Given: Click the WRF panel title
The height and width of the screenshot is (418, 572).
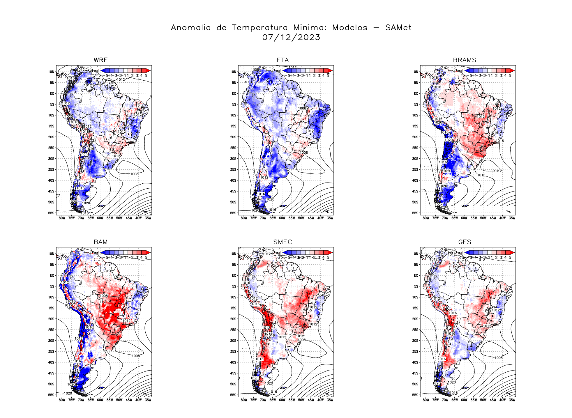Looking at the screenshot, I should tap(100, 60).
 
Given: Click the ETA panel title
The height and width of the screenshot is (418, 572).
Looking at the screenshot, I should tap(283, 60).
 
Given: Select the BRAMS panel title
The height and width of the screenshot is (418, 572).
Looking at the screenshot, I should tap(465, 60).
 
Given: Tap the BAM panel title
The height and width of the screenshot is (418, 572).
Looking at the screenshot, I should tap(100, 242).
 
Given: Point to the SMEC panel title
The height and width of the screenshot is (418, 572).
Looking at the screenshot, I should tap(283, 242).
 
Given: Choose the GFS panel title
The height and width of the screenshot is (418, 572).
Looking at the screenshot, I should tap(465, 242).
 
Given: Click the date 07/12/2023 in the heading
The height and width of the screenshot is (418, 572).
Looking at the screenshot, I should tap(291, 38).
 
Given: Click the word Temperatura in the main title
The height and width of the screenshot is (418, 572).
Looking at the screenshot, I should tap(259, 28).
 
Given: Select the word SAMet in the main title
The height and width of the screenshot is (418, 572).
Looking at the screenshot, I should tap(398, 28).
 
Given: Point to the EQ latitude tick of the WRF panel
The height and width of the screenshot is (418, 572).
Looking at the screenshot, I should tap(52, 93).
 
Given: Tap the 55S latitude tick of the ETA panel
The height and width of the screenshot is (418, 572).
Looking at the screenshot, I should tap(233, 213).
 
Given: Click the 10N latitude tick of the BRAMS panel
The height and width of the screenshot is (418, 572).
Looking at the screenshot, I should tap(415, 72).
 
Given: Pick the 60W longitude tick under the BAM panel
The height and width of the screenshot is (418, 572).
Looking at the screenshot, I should tap(100, 400).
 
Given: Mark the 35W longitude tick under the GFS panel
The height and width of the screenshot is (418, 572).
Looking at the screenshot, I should tap(512, 400).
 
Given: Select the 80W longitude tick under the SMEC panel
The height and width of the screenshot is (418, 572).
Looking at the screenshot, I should tap(244, 400).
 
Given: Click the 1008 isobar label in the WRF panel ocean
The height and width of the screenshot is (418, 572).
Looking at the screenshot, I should tap(134, 174).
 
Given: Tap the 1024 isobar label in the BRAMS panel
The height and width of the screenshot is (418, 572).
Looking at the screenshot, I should tap(439, 205).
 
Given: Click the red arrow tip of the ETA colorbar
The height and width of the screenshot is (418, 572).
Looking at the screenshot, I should tap(330, 70).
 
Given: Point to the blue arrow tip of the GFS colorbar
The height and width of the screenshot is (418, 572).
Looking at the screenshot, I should tap(467, 252).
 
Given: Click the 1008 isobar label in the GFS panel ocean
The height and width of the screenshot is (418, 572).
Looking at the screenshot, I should tap(498, 358).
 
